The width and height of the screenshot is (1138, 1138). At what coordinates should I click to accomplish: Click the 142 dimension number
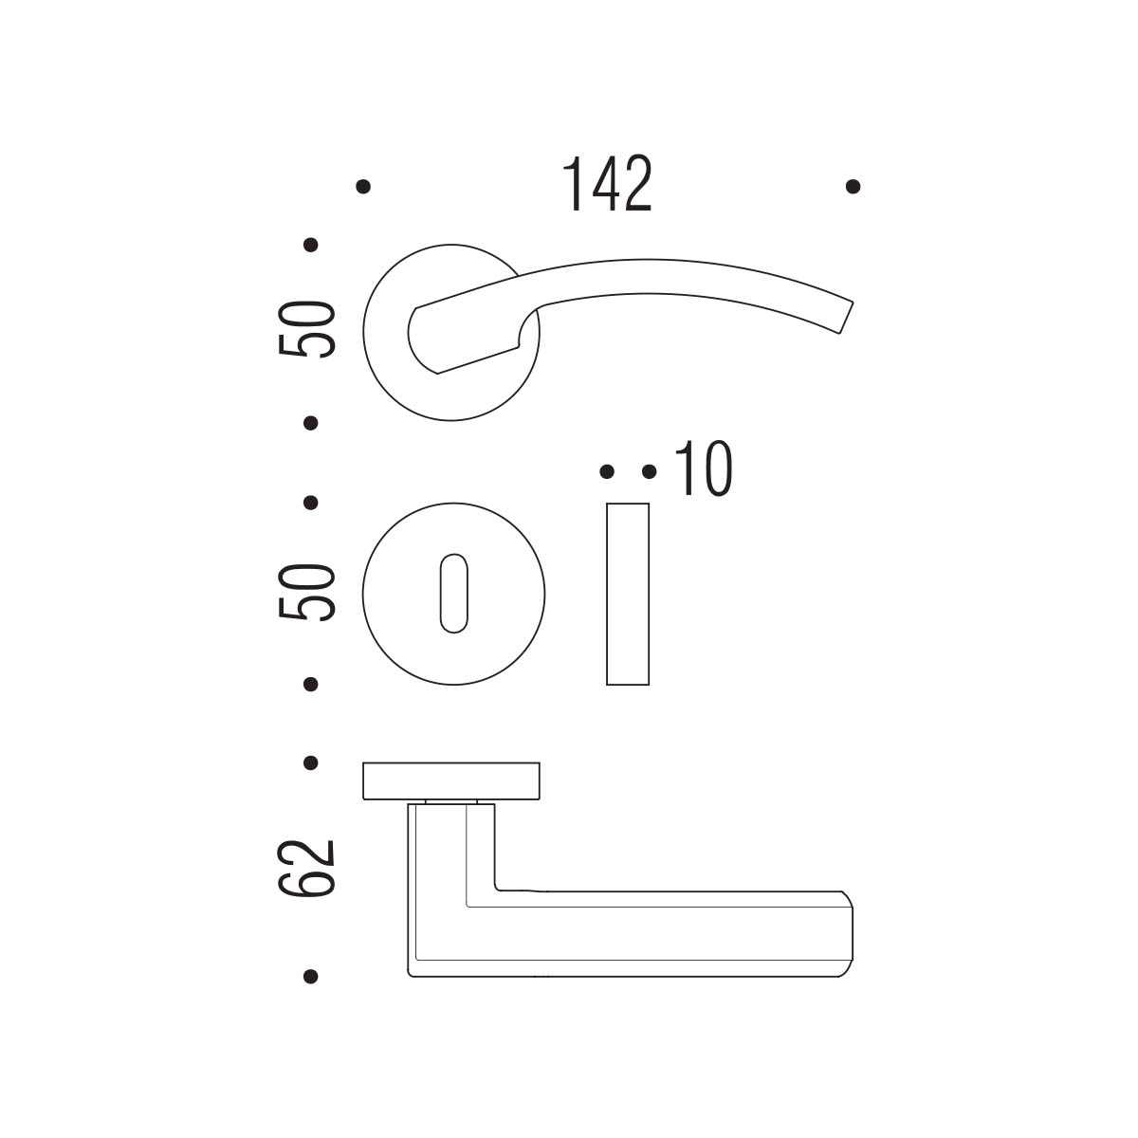pyautogui.click(x=607, y=184)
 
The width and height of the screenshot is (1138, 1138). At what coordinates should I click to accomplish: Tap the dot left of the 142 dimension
pyautogui.click(x=363, y=187)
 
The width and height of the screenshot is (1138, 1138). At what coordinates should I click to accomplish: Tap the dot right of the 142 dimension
pyautogui.click(x=853, y=187)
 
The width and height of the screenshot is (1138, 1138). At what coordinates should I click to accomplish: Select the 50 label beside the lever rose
pyautogui.click(x=306, y=329)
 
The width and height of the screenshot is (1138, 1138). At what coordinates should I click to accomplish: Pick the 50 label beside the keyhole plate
pyautogui.click(x=306, y=592)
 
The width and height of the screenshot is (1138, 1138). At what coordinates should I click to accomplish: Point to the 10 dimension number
pyautogui.click(x=704, y=468)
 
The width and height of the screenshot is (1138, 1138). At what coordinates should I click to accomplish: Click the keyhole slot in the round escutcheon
pyautogui.click(x=453, y=594)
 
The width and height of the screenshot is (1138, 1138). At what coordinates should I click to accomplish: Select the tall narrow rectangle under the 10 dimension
pyautogui.click(x=628, y=594)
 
